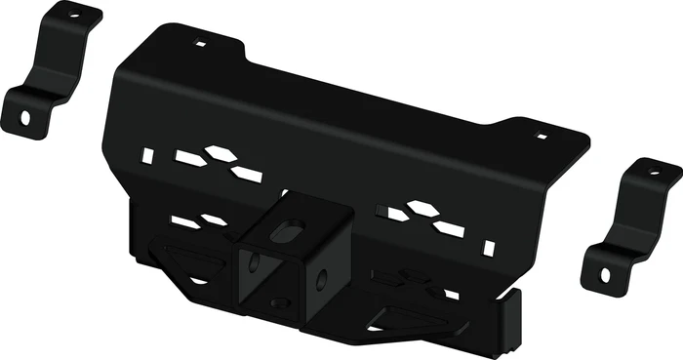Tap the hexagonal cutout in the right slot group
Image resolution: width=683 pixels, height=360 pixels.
click(421, 208)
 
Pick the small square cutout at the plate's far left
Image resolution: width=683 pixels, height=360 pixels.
click(146, 154)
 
